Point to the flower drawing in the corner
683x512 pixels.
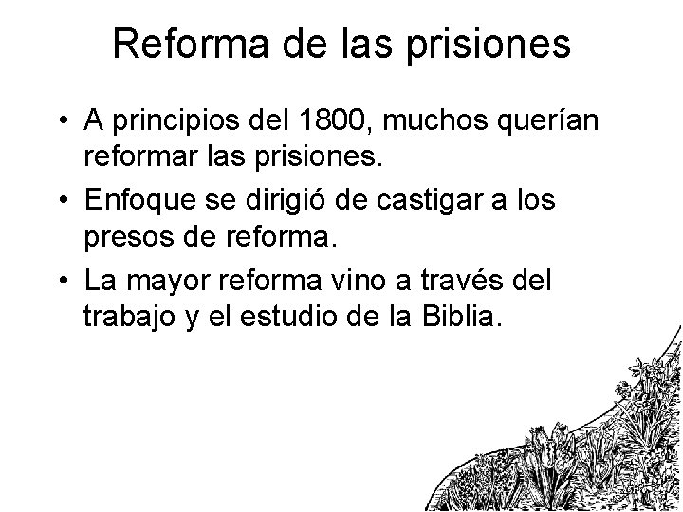(579, 446)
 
